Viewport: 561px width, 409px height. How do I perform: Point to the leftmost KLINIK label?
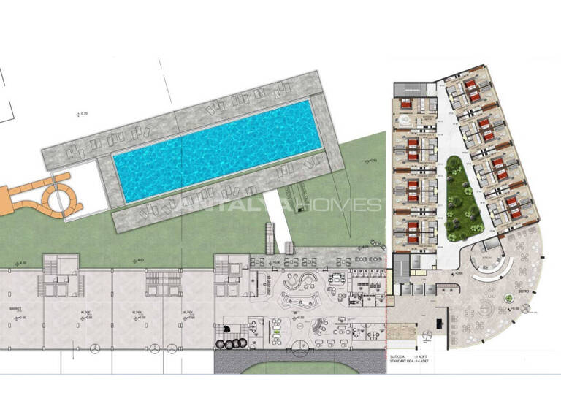(x=86, y=312)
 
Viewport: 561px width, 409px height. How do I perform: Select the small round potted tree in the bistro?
(x=509, y=297)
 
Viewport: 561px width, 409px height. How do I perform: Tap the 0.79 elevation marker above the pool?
(x=83, y=112)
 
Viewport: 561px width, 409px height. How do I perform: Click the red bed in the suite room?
(x=412, y=109)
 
